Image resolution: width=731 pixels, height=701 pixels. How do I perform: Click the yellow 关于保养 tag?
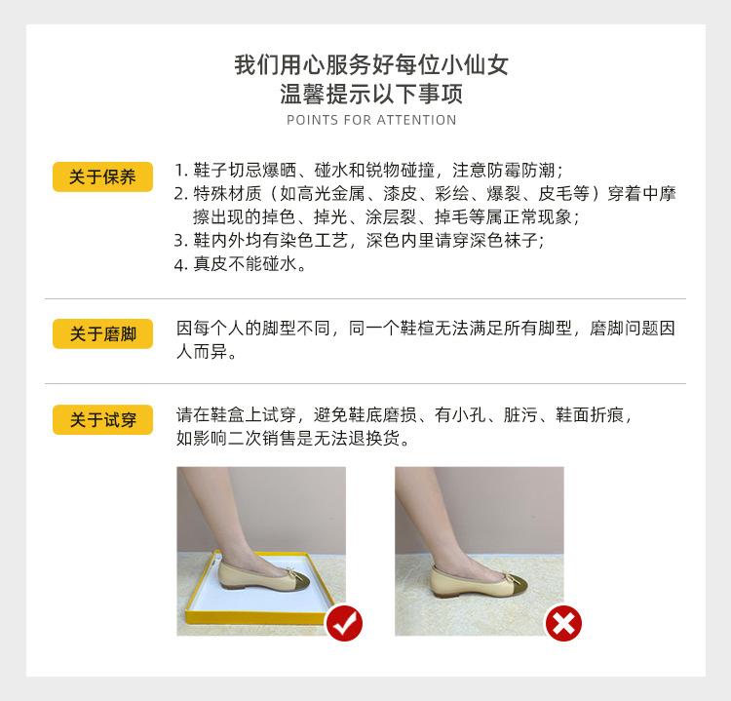coord(102,176)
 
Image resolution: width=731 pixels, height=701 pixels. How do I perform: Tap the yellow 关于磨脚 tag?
coord(102,334)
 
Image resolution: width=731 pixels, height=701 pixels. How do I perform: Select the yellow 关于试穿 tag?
coord(102,420)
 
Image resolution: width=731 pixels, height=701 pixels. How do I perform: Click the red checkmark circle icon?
coord(343,622)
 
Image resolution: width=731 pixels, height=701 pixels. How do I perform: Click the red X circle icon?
coord(562,622)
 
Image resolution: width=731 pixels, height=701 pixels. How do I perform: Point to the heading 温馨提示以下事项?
coord(371,95)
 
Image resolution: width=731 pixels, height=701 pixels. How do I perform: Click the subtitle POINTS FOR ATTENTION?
coord(371,120)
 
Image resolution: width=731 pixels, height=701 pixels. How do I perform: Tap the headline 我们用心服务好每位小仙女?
coord(371,66)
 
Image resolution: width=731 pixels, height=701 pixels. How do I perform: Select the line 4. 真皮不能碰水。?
coord(240,264)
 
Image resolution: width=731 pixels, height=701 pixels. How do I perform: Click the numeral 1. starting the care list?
coord(180,169)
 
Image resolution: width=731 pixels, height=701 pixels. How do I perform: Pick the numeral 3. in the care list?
coord(180,240)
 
